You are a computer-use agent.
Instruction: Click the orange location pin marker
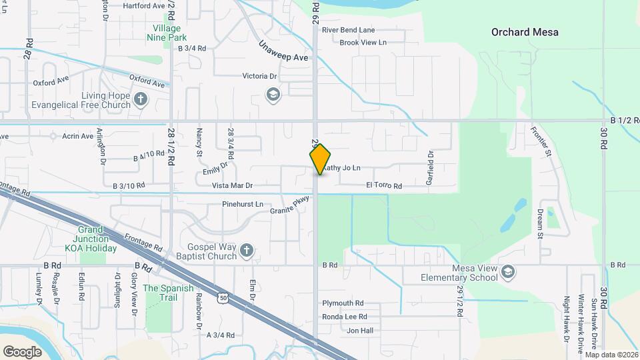320,159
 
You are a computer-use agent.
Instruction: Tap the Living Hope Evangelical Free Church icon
140,100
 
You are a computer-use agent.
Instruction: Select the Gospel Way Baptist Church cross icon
246,251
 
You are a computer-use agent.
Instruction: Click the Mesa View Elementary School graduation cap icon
509,271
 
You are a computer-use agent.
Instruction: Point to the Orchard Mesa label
525,32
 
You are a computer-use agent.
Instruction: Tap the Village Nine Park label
166,33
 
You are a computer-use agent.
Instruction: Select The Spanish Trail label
168,293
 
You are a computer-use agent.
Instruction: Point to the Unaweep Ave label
283,51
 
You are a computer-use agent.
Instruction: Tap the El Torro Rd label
383,186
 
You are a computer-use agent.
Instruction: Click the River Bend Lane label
348,30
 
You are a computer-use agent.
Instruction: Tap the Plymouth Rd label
343,303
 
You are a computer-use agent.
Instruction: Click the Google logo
22,351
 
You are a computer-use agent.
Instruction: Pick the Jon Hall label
360,331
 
